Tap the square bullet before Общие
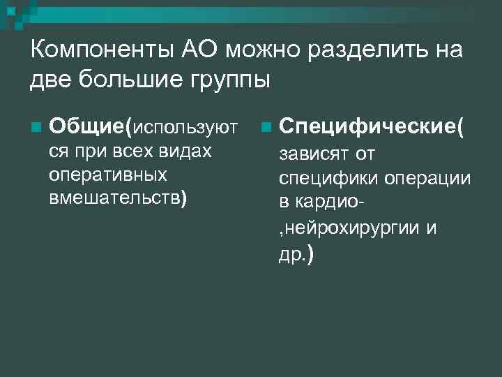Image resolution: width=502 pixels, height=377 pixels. [36, 128]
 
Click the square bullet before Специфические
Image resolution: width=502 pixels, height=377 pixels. [265, 128]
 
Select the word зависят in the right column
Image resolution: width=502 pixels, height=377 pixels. [314, 153]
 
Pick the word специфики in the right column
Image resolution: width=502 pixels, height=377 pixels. [326, 178]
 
